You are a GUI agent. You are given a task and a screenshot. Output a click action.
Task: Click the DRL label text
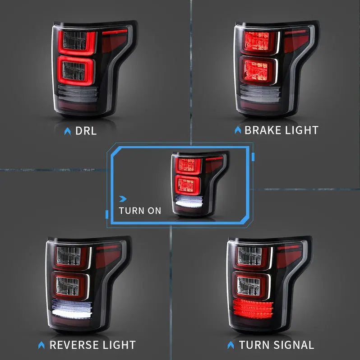pos(86,131)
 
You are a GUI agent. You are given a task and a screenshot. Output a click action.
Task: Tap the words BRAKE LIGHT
pos(281,130)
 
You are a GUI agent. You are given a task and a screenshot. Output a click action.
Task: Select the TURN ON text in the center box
pos(140,211)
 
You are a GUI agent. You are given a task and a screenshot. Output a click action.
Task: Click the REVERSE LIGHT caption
pos(92,345)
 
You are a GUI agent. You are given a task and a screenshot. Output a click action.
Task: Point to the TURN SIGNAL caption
pos(276,345)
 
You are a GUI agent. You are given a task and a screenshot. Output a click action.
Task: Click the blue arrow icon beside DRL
pos(67,131)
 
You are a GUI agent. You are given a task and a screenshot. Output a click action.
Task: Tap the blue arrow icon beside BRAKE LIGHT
pos(238,130)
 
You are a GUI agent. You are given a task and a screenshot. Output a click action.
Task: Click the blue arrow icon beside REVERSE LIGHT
pos(42,345)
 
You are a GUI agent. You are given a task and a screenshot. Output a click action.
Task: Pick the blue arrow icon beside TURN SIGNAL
pos(231,345)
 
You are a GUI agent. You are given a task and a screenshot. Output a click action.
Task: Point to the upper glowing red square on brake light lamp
pos(256,43)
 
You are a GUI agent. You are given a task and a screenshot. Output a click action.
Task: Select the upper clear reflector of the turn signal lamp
pos(249,256)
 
